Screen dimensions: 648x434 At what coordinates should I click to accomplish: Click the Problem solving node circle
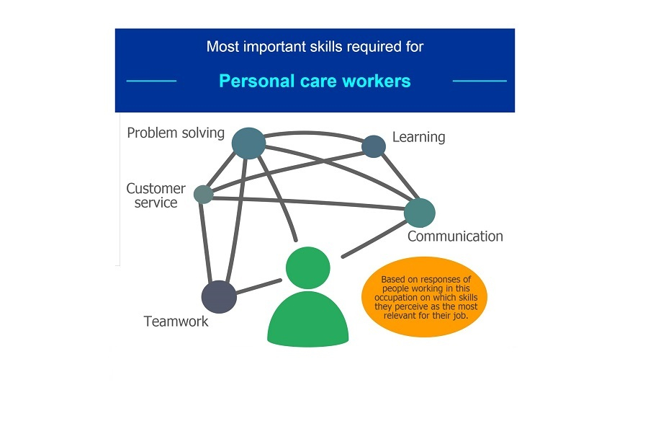click(248, 143)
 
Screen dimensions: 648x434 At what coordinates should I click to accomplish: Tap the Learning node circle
click(374, 146)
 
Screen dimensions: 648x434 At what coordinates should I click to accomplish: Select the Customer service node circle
click(203, 195)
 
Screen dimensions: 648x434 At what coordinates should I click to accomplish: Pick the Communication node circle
click(420, 213)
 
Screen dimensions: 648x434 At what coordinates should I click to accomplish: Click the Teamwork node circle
click(219, 296)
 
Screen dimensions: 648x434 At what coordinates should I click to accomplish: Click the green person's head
click(308, 267)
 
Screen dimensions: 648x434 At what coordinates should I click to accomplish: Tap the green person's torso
click(308, 319)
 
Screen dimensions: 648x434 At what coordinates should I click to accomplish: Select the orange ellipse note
click(424, 296)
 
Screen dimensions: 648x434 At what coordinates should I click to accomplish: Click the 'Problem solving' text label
click(176, 133)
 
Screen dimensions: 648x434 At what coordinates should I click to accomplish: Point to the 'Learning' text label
click(418, 137)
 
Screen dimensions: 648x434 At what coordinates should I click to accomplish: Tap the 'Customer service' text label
click(156, 195)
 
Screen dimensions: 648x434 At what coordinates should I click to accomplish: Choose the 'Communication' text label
click(455, 236)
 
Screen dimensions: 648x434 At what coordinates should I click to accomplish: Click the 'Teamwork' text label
click(176, 322)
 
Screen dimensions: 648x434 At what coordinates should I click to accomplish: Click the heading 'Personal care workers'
click(315, 81)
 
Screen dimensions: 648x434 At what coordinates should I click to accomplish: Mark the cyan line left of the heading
click(151, 81)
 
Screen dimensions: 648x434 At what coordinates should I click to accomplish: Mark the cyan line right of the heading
click(480, 81)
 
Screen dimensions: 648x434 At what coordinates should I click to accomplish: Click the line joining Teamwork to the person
click(258, 287)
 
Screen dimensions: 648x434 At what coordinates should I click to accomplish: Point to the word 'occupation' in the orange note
click(395, 298)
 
